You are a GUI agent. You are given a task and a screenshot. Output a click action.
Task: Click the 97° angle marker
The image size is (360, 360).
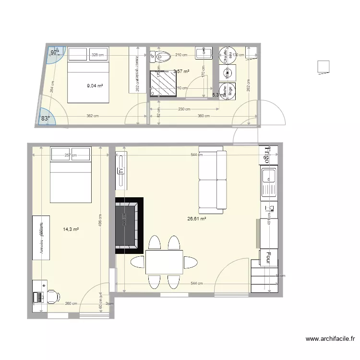55,53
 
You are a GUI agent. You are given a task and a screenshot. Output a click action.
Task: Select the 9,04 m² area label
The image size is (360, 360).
95,86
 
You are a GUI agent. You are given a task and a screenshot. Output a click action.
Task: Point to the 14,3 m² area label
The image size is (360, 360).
71,229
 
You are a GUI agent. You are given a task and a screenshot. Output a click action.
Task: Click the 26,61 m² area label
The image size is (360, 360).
196,218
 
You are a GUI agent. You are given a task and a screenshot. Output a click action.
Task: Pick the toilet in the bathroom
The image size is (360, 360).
162,57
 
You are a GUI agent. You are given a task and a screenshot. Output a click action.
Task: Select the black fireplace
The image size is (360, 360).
129,225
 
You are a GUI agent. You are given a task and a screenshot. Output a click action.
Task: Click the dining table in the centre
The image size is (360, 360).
164,262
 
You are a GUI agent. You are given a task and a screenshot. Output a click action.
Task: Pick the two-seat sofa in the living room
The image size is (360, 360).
212,182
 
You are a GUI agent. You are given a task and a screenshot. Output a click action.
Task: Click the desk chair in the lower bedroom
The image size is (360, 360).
51,296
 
